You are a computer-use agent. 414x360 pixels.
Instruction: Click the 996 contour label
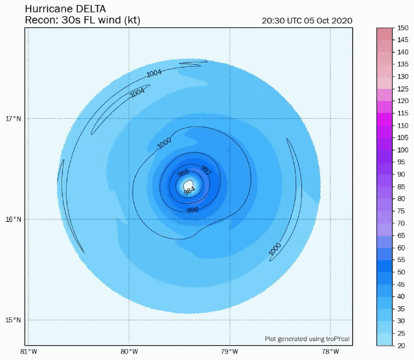point(192,210)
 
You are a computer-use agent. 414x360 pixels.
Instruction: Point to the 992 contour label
point(206,170)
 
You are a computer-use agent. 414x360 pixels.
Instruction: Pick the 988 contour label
point(183,173)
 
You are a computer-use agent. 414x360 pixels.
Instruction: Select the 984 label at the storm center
point(189,191)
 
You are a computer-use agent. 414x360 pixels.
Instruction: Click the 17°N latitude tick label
point(13,119)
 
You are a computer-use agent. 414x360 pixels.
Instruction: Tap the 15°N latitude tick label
point(13,320)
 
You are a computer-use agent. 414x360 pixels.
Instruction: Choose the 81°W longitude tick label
point(29,352)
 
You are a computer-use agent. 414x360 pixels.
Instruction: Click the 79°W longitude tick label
point(230,352)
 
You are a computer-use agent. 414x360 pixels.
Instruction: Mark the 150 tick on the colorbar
point(402,28)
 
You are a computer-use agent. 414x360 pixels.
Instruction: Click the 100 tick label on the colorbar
point(402,150)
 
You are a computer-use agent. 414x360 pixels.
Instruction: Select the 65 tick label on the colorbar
point(401,235)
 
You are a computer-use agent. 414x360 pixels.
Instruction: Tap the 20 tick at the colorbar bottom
point(401,346)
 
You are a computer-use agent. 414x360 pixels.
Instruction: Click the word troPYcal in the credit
point(338,339)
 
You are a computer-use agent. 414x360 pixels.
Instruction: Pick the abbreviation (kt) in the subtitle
point(132,20)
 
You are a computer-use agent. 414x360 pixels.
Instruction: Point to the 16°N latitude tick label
point(13,219)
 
